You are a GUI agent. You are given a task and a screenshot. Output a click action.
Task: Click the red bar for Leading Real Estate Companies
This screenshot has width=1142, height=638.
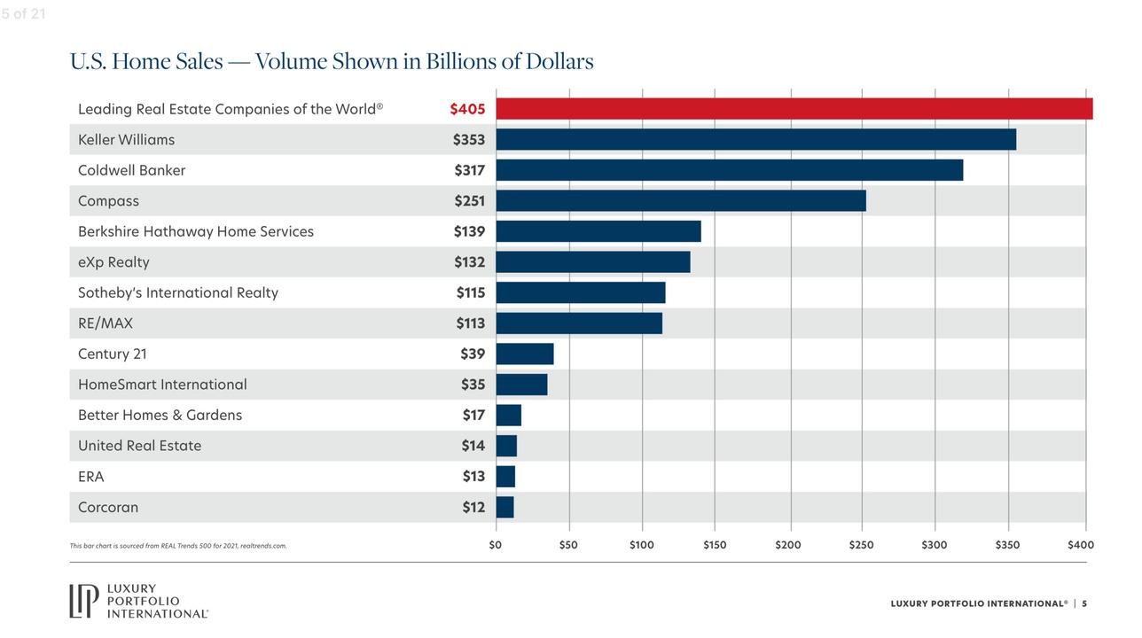pos(794,109)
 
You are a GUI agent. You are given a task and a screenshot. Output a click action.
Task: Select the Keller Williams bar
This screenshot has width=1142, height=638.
pos(755,139)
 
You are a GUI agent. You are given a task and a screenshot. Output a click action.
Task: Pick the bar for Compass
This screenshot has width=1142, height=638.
pos(680,201)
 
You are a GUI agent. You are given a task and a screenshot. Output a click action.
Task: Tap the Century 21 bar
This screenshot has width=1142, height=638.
pos(525,354)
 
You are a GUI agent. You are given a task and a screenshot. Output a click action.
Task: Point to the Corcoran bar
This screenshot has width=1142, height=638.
pos(505,507)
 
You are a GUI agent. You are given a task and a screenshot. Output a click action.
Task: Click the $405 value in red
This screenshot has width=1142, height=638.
pos(467,109)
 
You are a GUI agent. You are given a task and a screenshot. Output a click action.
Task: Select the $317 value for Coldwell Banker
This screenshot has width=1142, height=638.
pos(469,170)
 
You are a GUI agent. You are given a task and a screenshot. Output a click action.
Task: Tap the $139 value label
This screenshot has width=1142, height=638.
pos(469,231)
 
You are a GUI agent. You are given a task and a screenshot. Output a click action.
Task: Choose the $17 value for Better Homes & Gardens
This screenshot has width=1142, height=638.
pos(473,415)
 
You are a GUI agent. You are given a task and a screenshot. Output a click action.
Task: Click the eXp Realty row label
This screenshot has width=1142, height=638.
pos(113,262)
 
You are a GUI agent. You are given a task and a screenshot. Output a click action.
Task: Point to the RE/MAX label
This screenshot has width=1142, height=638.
pos(106,323)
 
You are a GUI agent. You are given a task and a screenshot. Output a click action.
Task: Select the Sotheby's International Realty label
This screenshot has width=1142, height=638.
pos(178,292)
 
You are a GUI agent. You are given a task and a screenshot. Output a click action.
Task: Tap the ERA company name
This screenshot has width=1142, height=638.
pos(91,477)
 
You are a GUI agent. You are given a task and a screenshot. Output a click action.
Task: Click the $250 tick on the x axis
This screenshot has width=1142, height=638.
pos(861,545)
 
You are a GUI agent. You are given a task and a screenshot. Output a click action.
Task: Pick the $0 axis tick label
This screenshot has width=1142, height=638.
pos(496,545)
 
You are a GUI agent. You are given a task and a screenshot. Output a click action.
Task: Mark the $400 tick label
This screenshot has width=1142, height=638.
pos(1081,545)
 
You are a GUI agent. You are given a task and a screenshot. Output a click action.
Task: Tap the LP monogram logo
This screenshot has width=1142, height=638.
pos(85,601)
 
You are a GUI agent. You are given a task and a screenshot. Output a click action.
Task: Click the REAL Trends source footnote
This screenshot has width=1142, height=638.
pos(178,546)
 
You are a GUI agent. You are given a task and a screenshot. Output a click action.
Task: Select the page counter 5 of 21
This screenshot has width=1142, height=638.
pos(23,13)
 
